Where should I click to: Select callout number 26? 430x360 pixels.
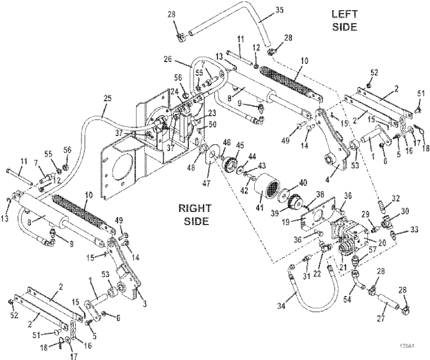coord(167,60)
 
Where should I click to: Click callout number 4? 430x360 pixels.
coord(327,170)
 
